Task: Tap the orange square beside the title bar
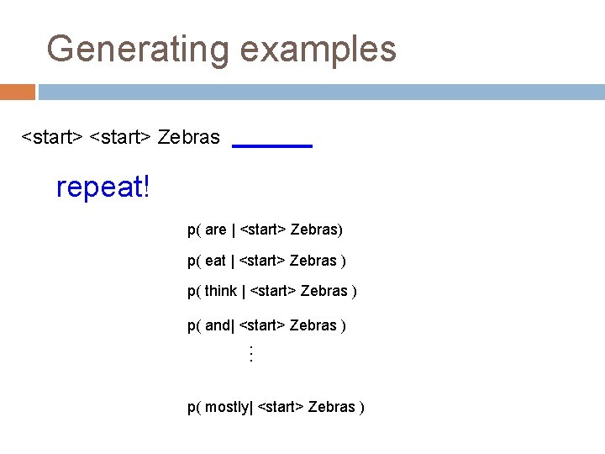(17, 92)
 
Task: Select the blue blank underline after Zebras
(271, 146)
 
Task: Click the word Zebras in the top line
(189, 137)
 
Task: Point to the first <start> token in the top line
(51, 137)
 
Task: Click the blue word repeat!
(103, 187)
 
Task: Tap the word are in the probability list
(216, 230)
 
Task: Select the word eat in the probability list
(215, 261)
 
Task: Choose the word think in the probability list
(221, 292)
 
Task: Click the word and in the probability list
(218, 325)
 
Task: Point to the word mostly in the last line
(227, 407)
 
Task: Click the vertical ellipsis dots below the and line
(250, 354)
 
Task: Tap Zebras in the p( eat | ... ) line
(313, 261)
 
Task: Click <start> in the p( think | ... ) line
(273, 292)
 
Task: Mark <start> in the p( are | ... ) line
(263, 230)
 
